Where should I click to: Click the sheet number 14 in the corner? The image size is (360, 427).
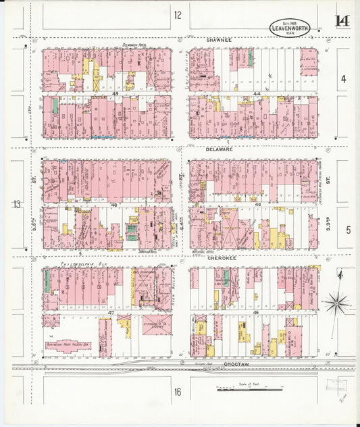[342, 21]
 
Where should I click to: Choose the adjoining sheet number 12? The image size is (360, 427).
[178, 15]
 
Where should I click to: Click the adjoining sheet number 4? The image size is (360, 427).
[343, 79]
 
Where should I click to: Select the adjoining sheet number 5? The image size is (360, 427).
[348, 230]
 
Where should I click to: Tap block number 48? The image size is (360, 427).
[115, 204]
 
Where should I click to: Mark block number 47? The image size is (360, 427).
[110, 313]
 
